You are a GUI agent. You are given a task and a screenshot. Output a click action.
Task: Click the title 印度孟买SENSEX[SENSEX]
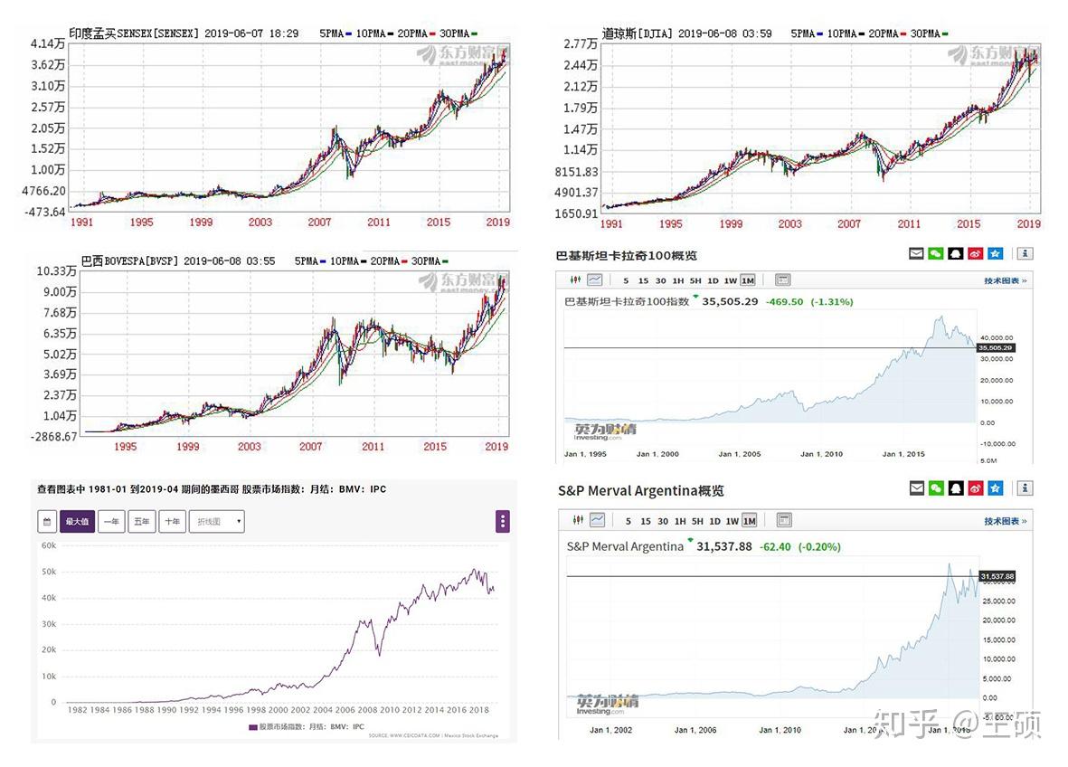tap(134, 33)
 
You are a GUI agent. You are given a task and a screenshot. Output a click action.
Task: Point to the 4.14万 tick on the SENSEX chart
tap(47, 44)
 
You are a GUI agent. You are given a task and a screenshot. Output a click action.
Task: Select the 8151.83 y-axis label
tap(576, 172)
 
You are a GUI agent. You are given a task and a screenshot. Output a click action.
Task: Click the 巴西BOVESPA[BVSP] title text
tap(129, 261)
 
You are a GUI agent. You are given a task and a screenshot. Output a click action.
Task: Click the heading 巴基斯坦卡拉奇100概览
tap(627, 256)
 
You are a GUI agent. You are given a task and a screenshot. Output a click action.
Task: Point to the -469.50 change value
tap(784, 301)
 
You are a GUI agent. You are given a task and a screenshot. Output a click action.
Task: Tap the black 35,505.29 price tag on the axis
tap(995, 347)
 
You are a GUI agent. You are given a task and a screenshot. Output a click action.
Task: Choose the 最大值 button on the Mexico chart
tap(77, 521)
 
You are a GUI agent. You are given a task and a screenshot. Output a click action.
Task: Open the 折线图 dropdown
tap(216, 521)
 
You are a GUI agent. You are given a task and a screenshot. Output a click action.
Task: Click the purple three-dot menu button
tap(503, 521)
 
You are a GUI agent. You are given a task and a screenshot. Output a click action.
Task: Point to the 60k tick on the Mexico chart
tap(49, 546)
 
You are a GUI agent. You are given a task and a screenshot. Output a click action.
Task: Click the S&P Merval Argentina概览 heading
tap(641, 491)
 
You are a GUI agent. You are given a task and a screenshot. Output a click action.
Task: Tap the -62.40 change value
tap(775, 546)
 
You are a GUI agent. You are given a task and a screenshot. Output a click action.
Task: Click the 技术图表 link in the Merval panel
tap(1005, 521)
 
